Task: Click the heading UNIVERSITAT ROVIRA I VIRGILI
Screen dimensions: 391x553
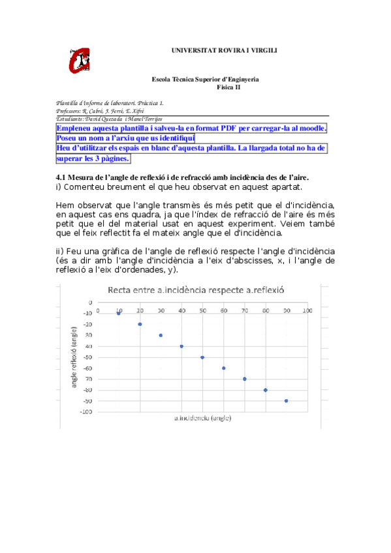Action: click(x=224, y=50)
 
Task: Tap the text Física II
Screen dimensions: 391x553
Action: click(x=228, y=86)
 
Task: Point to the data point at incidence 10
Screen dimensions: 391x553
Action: click(x=119, y=313)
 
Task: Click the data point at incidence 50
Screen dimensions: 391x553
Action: click(x=202, y=357)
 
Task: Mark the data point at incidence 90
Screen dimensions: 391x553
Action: click(x=286, y=400)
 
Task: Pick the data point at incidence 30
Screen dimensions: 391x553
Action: click(x=161, y=335)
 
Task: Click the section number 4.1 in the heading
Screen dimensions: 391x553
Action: click(x=61, y=177)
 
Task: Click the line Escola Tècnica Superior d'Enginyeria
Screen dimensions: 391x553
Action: click(x=205, y=79)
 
